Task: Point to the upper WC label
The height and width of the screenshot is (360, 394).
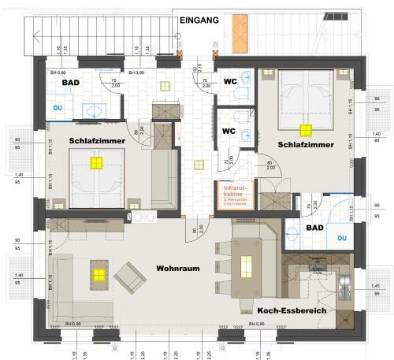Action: (x=230, y=81)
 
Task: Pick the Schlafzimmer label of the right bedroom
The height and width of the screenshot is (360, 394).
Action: (x=306, y=146)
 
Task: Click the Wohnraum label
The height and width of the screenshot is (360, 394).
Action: (x=177, y=268)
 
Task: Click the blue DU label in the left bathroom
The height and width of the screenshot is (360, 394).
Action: (x=58, y=107)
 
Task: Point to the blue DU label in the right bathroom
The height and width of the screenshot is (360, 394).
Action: (x=342, y=236)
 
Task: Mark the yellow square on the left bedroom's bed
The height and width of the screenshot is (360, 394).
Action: (x=97, y=163)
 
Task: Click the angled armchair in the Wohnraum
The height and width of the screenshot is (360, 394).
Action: (x=129, y=277)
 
